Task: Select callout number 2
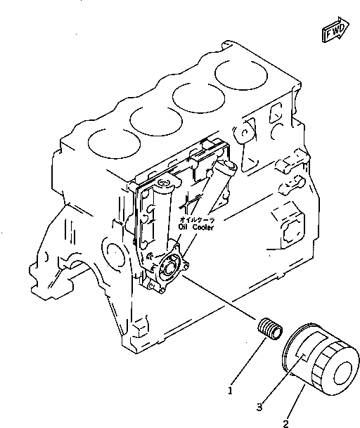(x=285, y=423)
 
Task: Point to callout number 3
(x=259, y=406)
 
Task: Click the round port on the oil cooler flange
(x=171, y=267)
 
